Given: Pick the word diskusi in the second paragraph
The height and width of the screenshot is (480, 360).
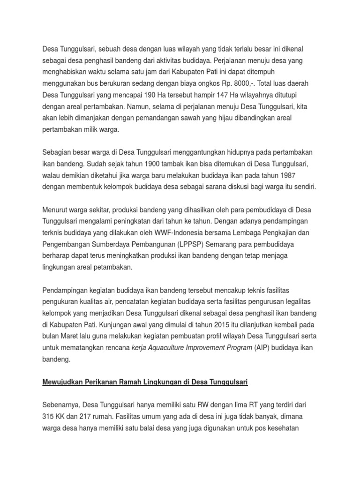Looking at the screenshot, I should tap(237, 187).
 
